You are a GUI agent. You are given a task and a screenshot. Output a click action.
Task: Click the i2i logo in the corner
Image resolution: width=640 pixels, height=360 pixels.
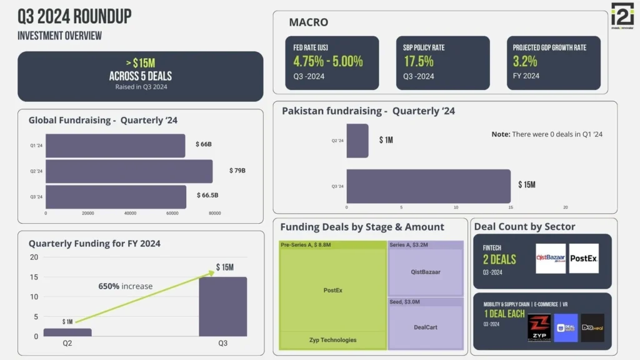pos(622,16)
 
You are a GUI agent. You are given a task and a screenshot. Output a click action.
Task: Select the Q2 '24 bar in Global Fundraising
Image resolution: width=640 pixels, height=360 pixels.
pos(129,171)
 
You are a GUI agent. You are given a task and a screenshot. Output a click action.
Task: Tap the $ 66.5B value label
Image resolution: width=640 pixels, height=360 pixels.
pos(207,196)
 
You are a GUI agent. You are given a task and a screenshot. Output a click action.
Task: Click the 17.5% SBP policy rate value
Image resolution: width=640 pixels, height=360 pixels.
pos(419,61)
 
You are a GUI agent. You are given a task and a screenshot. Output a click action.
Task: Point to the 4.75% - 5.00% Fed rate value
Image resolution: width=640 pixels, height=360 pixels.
pos(328,61)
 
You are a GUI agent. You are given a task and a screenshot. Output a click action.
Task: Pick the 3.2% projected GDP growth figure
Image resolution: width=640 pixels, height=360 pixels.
pos(525,61)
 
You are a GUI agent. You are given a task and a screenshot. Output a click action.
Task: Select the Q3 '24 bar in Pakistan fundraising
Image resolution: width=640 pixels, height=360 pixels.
pos(428,186)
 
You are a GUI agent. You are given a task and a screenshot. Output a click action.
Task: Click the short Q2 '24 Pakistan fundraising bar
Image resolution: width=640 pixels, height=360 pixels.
pos(357,141)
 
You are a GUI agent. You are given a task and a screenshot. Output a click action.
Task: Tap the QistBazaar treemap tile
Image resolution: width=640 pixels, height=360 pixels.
pos(426,272)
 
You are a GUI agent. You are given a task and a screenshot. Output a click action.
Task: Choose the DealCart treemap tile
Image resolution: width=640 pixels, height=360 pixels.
pos(426,327)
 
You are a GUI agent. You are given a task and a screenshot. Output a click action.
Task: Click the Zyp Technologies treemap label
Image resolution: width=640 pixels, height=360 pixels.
pos(332,340)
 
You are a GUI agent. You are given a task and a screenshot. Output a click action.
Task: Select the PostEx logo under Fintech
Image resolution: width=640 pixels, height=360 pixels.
pos(584,258)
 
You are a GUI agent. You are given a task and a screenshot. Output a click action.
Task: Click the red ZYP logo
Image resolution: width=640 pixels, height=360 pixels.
pos(539,327)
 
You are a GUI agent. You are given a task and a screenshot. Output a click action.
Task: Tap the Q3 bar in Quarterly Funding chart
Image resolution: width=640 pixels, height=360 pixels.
pos(222,307)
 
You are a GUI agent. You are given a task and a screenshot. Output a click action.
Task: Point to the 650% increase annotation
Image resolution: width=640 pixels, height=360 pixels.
pos(125,286)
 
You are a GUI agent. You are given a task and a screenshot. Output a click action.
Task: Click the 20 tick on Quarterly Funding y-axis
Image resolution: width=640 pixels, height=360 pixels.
pos(34,257)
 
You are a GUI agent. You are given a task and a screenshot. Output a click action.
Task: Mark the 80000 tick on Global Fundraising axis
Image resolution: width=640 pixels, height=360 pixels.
pos(214,213)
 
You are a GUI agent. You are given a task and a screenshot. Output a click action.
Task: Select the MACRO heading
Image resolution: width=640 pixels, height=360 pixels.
pos(308,22)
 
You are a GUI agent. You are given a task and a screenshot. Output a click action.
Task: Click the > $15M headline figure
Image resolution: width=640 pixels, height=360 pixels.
pos(141,63)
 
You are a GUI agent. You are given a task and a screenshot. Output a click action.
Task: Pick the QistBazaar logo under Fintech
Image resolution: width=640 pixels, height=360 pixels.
pos(551,258)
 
